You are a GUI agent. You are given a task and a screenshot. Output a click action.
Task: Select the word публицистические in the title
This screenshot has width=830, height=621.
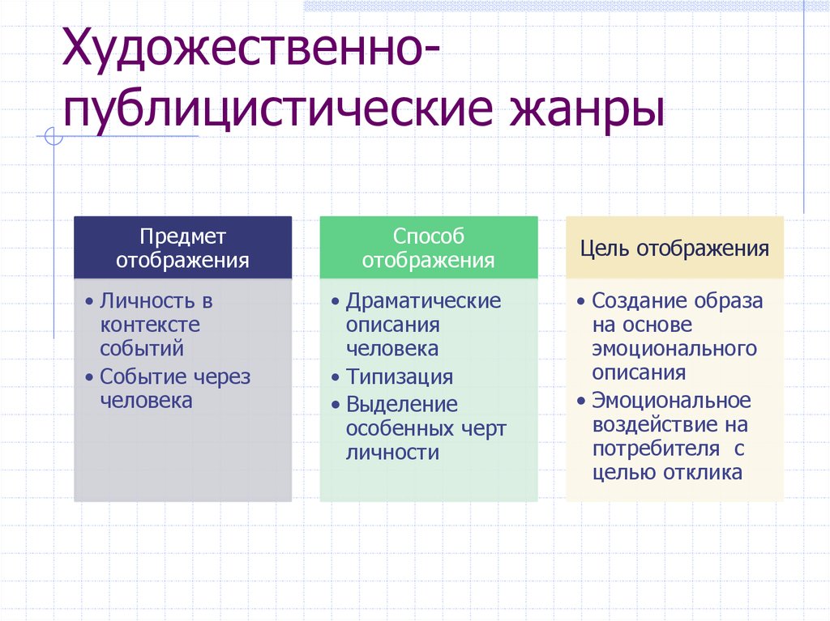(x=278, y=111)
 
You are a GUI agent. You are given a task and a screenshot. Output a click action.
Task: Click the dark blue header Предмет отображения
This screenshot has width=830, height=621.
(x=182, y=247)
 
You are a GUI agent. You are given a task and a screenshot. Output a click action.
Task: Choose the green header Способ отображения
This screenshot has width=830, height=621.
(x=429, y=247)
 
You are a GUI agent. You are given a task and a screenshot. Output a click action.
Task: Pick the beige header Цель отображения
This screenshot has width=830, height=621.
(x=674, y=247)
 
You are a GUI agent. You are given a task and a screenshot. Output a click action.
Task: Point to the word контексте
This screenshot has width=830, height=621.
(x=150, y=325)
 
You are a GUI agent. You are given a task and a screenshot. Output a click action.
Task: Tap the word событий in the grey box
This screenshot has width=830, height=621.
(x=142, y=349)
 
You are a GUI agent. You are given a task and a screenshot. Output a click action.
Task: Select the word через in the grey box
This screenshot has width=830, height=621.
(x=221, y=377)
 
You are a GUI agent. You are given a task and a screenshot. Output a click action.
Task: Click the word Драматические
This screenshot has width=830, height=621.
(x=423, y=301)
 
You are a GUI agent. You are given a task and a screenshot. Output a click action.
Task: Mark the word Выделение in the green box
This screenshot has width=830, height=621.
(x=402, y=405)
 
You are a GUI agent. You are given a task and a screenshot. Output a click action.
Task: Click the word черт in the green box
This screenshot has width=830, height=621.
(x=484, y=429)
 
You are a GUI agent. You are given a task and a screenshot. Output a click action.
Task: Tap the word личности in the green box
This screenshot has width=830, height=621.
(x=392, y=453)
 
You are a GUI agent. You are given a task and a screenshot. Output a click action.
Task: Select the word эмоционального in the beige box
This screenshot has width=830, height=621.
(x=674, y=349)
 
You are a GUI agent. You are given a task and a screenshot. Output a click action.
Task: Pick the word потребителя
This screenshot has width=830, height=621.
(x=656, y=449)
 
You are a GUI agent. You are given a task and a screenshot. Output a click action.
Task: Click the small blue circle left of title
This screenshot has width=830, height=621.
(x=53, y=136)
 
